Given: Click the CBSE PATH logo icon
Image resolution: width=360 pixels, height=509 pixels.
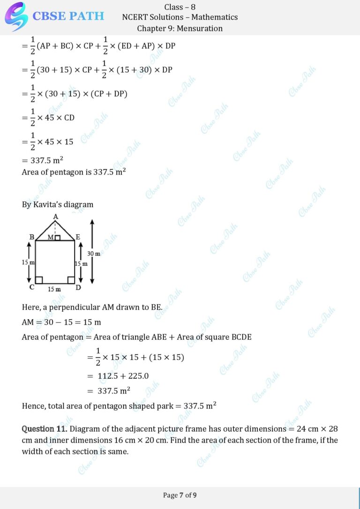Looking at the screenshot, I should (16, 16).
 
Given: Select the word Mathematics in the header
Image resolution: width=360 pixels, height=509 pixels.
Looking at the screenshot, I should (215, 17).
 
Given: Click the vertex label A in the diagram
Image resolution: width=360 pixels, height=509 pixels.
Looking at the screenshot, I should (55, 216).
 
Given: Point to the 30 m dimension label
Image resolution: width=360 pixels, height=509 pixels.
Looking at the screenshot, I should (94, 254).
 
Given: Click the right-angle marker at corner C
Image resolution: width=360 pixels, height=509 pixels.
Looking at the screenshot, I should (39, 280).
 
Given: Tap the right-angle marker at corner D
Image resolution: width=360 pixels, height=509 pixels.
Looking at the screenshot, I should (71, 280).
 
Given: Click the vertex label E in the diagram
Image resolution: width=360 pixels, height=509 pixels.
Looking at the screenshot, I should (78, 237).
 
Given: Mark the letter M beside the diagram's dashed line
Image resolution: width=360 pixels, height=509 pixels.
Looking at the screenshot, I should (51, 238).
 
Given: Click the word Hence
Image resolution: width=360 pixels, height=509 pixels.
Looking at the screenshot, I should (33, 406).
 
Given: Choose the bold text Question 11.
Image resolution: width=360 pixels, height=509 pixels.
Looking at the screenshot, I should (45, 429).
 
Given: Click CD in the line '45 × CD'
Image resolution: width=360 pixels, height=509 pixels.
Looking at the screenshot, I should (69, 118).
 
